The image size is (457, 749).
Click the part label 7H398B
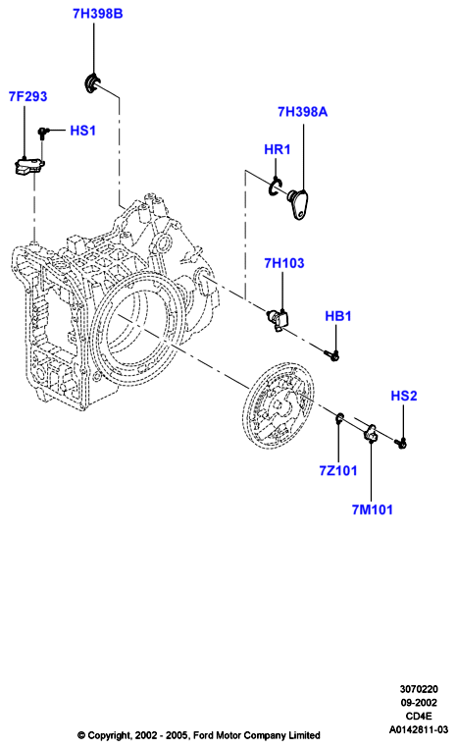pos(98,14)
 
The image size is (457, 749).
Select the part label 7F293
pos(28,96)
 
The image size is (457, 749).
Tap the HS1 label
pos(83,131)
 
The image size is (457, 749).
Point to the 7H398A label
pos(302,112)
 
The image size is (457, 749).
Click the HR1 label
pos(278,149)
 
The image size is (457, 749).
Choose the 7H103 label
pos(284,263)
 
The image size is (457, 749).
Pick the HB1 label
pos(338,316)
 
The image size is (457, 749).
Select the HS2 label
pos(404,396)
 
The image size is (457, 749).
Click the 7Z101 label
pos(338,470)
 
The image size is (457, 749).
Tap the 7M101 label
pos(373,509)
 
